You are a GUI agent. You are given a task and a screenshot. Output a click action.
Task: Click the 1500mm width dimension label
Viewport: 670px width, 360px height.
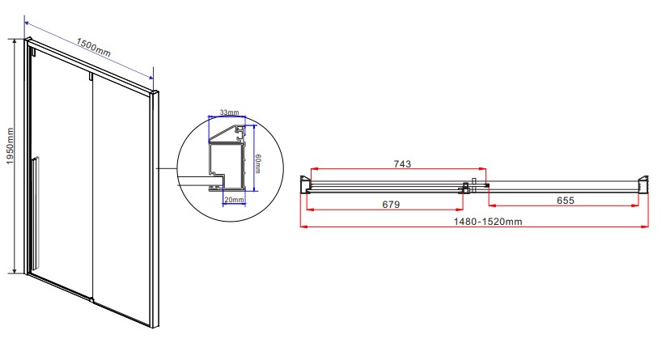pos(94,48)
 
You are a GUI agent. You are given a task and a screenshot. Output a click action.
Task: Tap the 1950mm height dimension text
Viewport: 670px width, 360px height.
pos(10,146)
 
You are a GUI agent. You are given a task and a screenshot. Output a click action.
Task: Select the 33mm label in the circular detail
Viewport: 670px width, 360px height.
pos(230,112)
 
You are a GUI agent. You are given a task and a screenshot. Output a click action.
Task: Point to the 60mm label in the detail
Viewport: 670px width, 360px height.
pos(257,164)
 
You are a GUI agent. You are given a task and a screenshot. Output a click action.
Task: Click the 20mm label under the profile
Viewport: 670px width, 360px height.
pos(234,200)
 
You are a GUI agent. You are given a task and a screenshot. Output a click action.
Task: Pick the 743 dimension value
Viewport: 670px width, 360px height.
pos(402,164)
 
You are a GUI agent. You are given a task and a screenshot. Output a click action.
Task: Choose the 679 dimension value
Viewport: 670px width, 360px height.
pos(391,205)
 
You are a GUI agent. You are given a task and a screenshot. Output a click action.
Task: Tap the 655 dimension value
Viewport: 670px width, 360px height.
pos(566,201)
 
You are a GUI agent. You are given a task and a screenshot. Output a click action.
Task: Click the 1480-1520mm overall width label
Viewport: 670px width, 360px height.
pos(488,222)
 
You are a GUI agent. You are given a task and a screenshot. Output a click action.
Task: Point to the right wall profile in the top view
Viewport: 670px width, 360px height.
pos(643,184)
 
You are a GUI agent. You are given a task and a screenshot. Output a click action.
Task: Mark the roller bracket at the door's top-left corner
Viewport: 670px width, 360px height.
pos(32,51)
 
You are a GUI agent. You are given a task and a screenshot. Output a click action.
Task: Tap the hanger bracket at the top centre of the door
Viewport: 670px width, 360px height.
pos(91,76)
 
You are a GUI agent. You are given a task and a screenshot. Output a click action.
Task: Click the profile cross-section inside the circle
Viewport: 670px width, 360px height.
pos(227,158)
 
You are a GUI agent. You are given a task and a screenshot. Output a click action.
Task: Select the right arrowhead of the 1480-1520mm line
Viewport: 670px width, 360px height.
pos(646,227)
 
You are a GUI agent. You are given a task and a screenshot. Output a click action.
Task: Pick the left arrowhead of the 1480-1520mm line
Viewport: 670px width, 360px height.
pos(303,227)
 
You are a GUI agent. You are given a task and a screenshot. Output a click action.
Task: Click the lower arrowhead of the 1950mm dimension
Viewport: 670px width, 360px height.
pos(15,270)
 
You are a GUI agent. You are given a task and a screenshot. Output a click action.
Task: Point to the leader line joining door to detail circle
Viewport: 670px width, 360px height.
pos(167,168)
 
